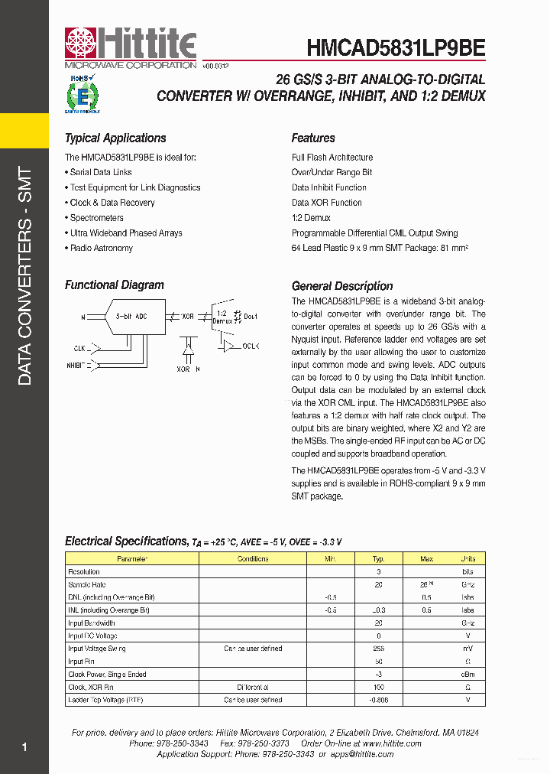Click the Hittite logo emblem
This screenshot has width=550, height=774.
pos(79,44)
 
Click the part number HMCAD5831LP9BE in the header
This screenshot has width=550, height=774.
pos(396,47)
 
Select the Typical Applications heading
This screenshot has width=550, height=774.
pos(115,138)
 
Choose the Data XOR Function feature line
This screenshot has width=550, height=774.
pos(326,203)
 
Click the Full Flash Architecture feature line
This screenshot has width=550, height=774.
pos(332,158)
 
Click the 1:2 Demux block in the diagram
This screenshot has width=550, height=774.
pos(222,317)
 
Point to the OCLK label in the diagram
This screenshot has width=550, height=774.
pos(251,346)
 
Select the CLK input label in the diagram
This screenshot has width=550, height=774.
pos(79,348)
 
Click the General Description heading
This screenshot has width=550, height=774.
pos(342,286)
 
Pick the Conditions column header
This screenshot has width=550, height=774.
pos(252,559)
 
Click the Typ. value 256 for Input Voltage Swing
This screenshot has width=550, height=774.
pos(378,649)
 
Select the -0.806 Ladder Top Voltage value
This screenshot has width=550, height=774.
pos(378,700)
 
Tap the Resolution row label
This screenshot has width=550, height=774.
pos(84,572)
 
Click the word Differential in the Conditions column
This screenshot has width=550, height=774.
pos(252,688)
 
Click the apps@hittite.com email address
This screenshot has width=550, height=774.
pos(361,754)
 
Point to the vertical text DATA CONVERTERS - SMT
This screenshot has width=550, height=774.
pos(24,276)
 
